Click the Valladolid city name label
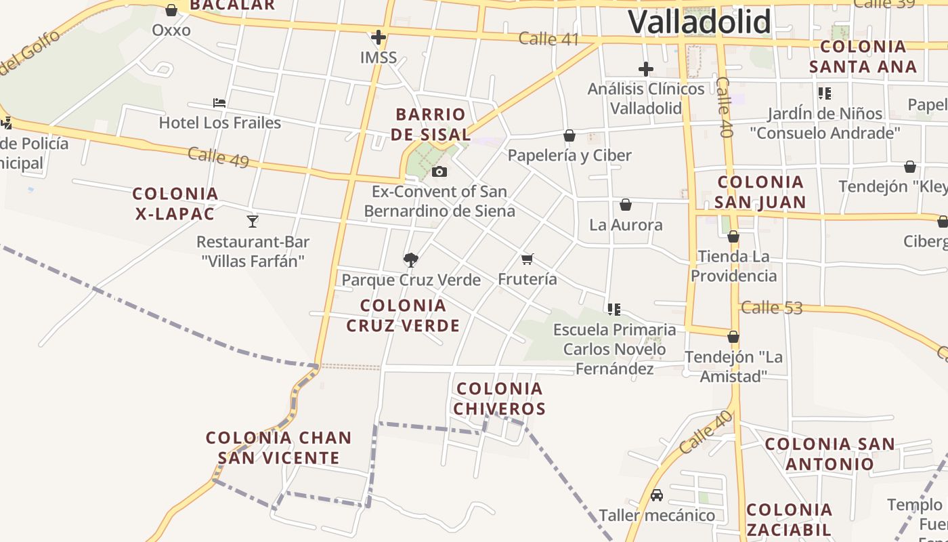click(x=699, y=22)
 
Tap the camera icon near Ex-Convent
click(x=439, y=171)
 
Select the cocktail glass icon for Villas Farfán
click(x=253, y=221)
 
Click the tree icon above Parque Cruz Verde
click(x=410, y=259)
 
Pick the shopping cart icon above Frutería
click(x=527, y=259)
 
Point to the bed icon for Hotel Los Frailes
click(x=219, y=103)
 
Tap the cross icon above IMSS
click(x=379, y=37)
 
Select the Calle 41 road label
click(x=548, y=39)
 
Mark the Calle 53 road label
click(x=771, y=308)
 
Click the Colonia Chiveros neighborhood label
click(x=500, y=398)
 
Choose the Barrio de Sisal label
click(x=431, y=124)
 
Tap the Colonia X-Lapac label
click(x=175, y=203)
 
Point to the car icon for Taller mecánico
click(x=657, y=495)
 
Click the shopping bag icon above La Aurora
click(x=626, y=205)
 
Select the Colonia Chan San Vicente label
click(x=279, y=447)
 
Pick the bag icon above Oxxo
click(x=171, y=10)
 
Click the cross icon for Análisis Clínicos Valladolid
click(x=646, y=68)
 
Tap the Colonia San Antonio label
click(x=829, y=453)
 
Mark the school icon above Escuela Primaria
click(x=614, y=310)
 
